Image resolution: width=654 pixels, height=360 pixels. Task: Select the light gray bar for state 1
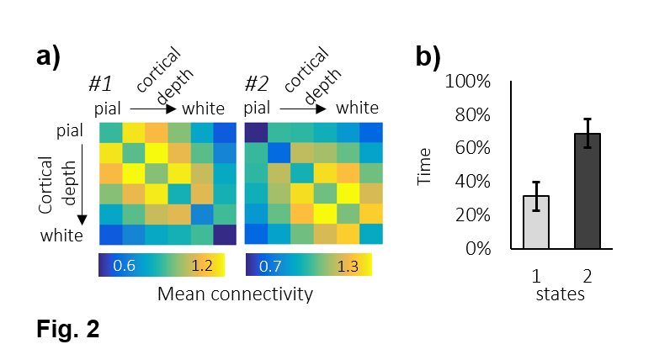point(536,223)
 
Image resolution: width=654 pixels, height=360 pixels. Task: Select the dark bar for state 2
point(588,192)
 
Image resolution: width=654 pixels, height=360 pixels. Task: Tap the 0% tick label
point(477,249)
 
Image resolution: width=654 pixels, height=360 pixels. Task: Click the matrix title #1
point(101,85)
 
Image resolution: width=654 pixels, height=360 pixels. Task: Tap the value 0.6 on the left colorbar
point(125,266)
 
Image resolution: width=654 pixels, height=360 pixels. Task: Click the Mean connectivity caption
point(235,294)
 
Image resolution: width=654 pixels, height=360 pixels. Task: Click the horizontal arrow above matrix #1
point(152,109)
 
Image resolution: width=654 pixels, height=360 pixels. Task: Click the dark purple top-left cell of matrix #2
point(255,132)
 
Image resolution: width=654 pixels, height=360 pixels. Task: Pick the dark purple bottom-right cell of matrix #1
point(224,235)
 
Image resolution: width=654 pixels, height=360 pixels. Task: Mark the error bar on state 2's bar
point(588,133)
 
